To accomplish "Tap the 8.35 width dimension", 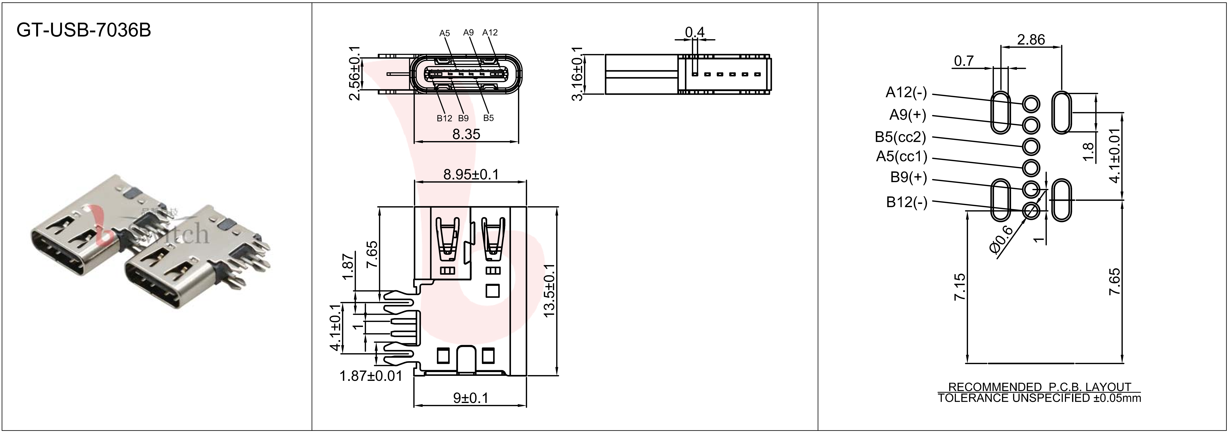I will tap(466, 134).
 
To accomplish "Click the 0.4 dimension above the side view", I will tap(695, 32).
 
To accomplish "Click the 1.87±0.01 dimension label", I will tap(371, 376).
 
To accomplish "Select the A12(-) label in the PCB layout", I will tap(906, 92).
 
